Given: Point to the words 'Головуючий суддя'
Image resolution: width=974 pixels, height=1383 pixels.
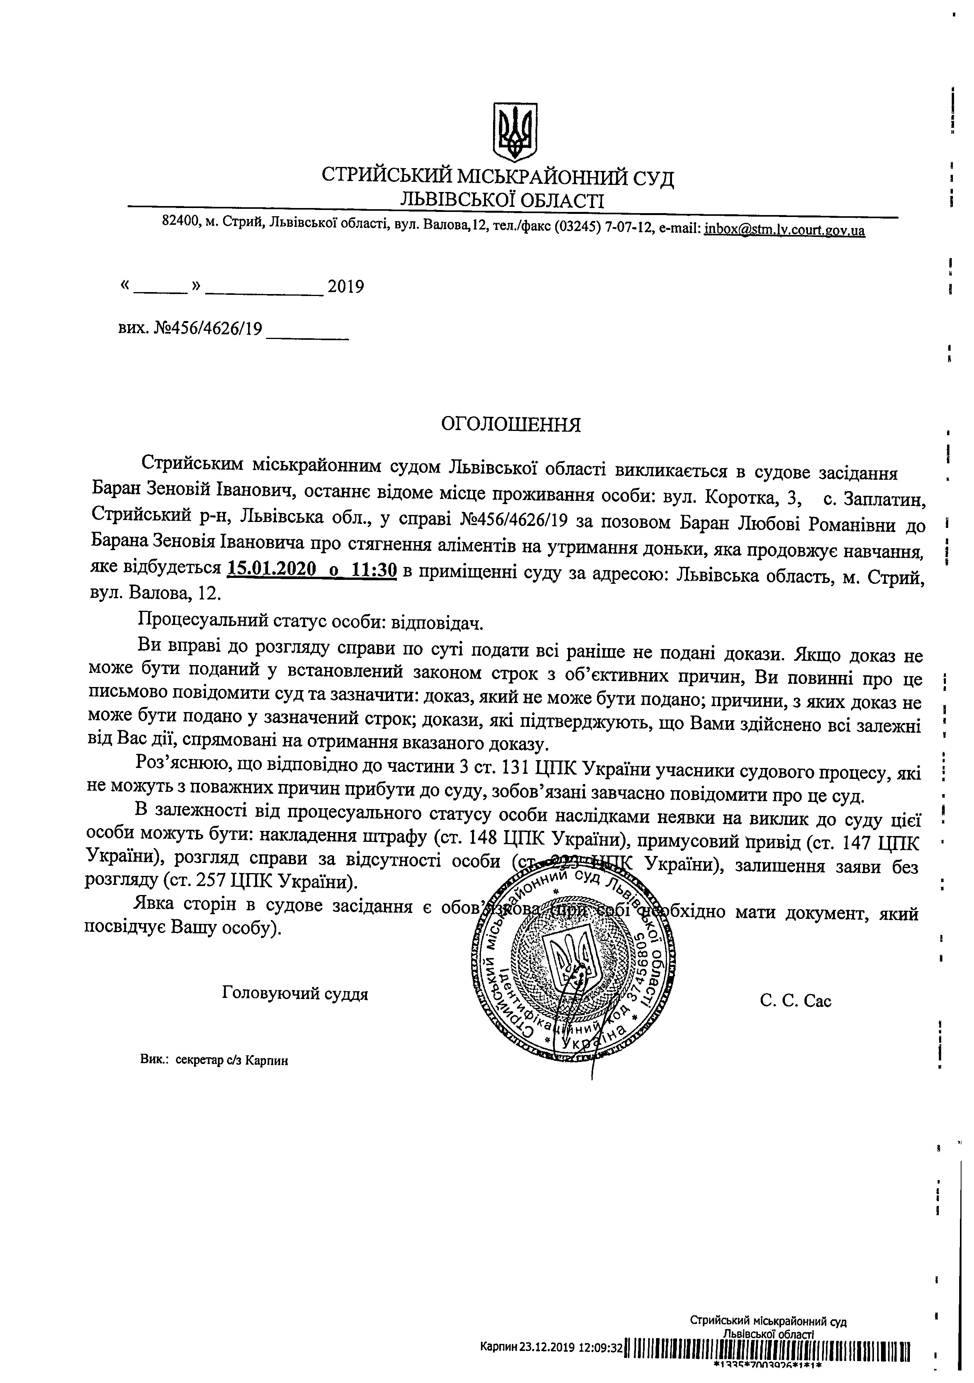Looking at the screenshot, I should tap(295, 993).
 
